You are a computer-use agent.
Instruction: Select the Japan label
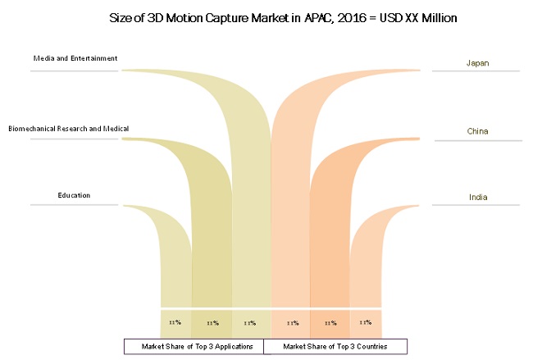tap(477, 63)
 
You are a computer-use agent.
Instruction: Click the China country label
tap(477, 131)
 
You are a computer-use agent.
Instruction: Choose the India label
tap(477, 197)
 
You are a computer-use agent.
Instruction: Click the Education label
tap(74, 195)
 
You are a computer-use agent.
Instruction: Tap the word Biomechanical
tap(35, 129)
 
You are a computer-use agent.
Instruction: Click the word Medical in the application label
tap(116, 129)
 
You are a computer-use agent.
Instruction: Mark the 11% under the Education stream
tap(175, 322)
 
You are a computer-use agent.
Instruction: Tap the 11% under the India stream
tap(367, 322)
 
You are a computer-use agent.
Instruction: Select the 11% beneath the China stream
tap(330, 323)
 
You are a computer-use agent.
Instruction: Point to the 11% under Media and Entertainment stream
tap(250, 323)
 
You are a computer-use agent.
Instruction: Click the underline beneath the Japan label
tap(476, 72)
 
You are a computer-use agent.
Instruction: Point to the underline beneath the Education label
tap(75, 205)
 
